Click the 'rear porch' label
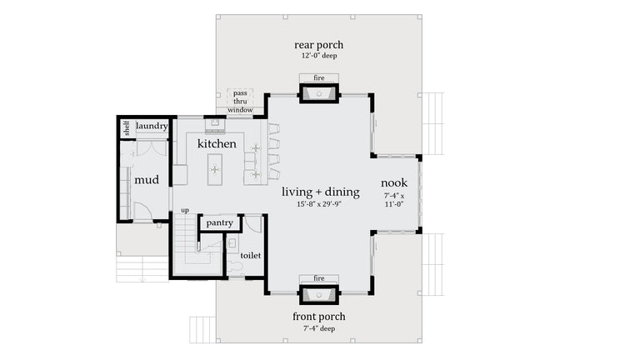tap(318, 45)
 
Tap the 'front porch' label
tap(318, 317)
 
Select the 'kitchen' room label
tap(217, 143)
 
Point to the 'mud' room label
tap(146, 179)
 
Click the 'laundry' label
tap(152, 127)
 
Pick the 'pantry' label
tap(219, 222)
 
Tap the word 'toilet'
tap(251, 256)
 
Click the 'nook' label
tap(394, 182)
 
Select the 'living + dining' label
tap(320, 192)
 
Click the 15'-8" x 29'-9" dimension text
tap(320, 204)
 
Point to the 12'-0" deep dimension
tap(318, 57)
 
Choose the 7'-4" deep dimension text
tap(318, 328)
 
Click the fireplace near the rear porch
tap(318, 92)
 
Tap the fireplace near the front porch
tap(318, 293)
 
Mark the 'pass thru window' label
tap(240, 101)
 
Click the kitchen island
tap(214, 168)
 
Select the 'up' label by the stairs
tap(185, 211)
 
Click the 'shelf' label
tap(127, 128)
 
